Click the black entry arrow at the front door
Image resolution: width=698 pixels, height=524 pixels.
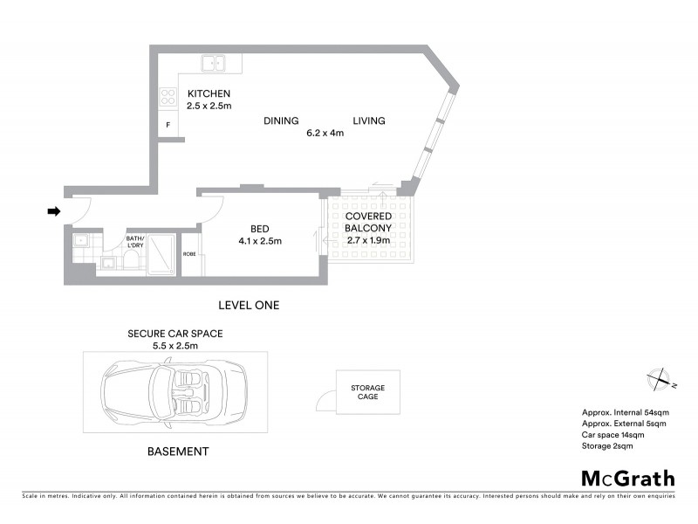pos(53,210)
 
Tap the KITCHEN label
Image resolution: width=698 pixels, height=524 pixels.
pos(209,93)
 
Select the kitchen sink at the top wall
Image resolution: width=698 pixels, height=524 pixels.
pos(213,63)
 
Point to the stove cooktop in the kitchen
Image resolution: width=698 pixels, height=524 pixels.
pos(168,97)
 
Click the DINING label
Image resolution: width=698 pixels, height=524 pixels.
pos(281,121)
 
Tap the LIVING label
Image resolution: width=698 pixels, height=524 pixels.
pos(369,121)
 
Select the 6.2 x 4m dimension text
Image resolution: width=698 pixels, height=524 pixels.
pos(325,134)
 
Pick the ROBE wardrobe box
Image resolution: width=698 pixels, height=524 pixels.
pos(189,255)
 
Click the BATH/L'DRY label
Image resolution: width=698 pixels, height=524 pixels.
pos(135,242)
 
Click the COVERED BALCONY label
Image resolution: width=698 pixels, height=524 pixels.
pos(367,222)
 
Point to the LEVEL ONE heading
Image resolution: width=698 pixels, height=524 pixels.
pos(248,305)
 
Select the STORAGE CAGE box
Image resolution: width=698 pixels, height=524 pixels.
pos(367,393)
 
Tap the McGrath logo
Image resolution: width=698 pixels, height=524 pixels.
pos(628,478)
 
